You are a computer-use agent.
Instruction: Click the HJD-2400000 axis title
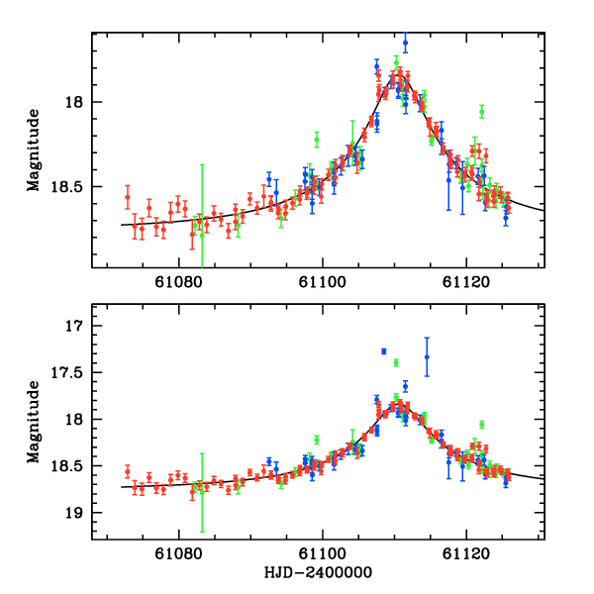pos(318,573)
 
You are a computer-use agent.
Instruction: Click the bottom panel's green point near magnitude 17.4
pos(396,362)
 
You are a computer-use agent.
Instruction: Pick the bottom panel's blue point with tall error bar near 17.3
pos(427,356)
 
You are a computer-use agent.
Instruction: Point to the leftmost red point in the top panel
pos(127,197)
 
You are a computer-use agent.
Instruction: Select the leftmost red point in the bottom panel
pos(127,471)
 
